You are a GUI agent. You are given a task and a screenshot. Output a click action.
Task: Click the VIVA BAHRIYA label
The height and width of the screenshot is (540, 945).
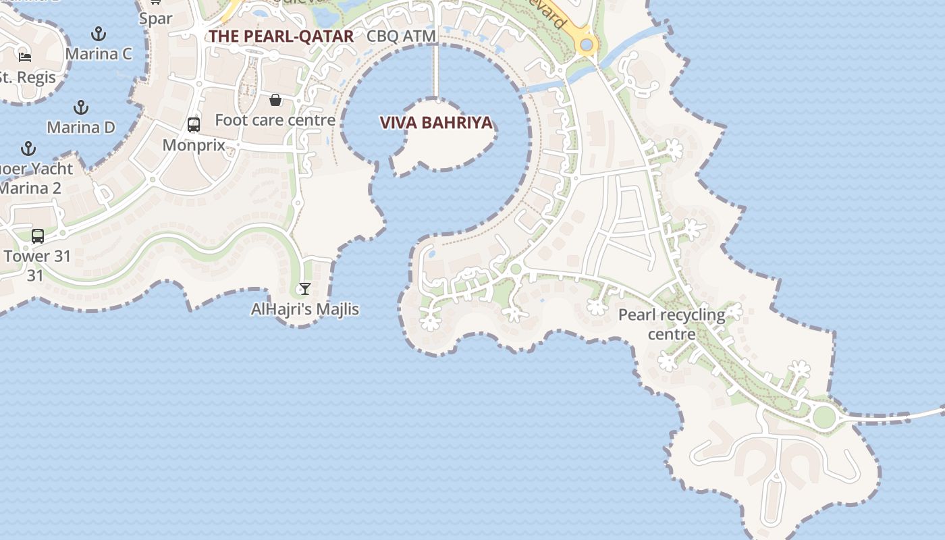click(x=436, y=123)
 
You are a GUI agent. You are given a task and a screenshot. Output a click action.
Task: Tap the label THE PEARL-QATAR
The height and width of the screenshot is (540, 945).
click(x=281, y=36)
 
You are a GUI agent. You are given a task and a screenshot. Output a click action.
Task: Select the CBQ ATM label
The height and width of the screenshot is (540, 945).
click(x=401, y=36)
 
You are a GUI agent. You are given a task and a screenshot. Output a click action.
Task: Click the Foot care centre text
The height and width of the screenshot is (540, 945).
click(x=275, y=120)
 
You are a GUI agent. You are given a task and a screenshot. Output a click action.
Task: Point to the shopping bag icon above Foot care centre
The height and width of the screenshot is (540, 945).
click(x=275, y=101)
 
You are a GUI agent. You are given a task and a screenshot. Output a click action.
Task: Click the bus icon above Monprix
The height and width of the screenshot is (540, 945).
click(x=194, y=125)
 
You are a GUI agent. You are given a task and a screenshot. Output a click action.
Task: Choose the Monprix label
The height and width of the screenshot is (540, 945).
click(x=194, y=145)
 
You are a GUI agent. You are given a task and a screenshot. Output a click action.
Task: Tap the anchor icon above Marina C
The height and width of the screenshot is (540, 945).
click(x=99, y=34)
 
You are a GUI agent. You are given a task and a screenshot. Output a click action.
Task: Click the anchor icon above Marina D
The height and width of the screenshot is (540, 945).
click(x=81, y=107)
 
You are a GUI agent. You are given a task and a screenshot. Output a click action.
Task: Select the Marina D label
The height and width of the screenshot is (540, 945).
click(x=81, y=127)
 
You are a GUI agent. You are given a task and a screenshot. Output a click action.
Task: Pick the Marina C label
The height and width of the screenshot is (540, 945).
click(x=99, y=54)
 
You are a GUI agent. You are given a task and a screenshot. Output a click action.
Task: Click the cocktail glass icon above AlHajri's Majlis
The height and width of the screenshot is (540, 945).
click(x=305, y=289)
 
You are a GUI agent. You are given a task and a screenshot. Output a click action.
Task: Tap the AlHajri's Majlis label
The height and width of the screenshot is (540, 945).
click(x=305, y=309)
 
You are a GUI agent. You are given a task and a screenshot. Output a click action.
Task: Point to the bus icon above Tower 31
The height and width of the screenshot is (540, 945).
click(x=38, y=236)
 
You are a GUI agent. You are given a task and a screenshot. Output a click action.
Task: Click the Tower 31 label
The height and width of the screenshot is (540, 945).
click(x=36, y=256)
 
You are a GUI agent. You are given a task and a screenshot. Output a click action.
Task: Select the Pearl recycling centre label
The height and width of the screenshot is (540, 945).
click(x=672, y=324)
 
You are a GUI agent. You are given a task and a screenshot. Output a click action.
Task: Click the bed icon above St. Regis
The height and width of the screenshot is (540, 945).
click(x=25, y=57)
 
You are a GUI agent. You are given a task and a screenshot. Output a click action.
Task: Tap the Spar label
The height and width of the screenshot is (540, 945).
click(x=156, y=18)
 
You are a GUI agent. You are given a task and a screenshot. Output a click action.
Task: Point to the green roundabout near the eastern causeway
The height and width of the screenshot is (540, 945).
click(x=823, y=417)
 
